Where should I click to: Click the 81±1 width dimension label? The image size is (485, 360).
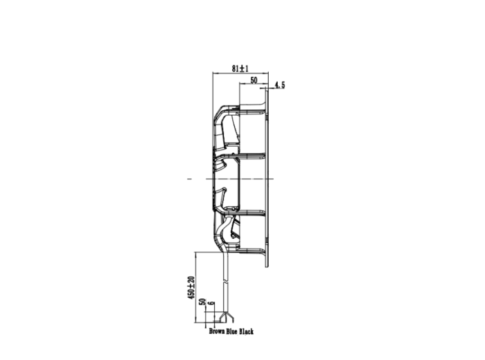coord(240,69)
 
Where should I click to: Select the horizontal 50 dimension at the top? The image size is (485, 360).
coord(254,80)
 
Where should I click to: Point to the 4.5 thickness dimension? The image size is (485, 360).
coord(280,85)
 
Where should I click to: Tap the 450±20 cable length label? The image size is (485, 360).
coord(191,287)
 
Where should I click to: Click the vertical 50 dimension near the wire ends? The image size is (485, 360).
coord(202,302)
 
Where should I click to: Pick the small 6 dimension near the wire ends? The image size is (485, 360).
coord(211,303)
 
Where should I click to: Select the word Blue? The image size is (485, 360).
coord(232,332)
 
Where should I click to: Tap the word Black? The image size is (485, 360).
coord(246,332)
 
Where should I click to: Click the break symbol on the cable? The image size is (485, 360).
coord(226,282)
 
